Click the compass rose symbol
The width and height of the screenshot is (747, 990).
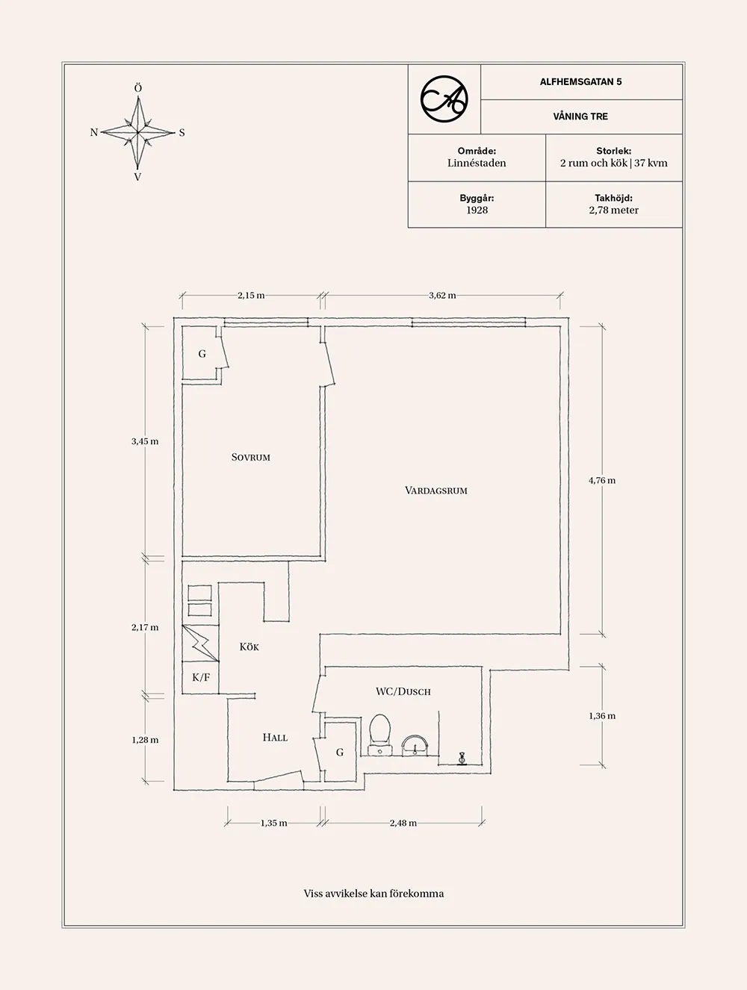137,133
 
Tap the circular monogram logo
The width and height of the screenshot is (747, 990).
444,99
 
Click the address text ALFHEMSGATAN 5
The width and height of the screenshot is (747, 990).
580,82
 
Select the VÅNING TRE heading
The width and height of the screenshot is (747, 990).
580,116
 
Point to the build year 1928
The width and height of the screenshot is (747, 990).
477,211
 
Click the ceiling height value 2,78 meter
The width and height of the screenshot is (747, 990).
613,211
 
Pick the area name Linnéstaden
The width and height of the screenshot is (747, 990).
477,163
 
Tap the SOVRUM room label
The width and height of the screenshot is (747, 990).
250,457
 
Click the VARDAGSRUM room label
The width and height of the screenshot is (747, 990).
436,491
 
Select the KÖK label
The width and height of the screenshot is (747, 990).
249,647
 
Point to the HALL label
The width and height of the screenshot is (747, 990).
275,738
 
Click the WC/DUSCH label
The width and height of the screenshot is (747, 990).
403,691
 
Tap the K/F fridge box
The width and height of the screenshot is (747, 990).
201,678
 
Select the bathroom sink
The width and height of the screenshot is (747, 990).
415,745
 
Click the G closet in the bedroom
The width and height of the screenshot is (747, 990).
202,354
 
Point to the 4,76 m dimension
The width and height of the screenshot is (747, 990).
602,481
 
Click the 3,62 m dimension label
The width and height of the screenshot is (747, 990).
442,296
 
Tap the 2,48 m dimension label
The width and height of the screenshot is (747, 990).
403,823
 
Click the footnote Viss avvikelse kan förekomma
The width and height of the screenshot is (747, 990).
373,893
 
